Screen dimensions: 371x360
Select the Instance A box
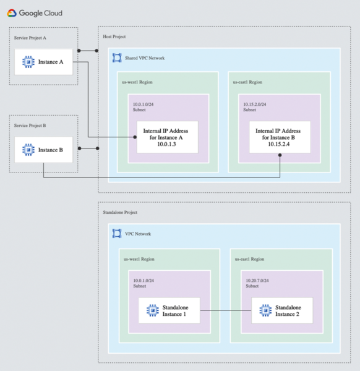(43, 62)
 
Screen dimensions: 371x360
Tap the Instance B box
(43, 149)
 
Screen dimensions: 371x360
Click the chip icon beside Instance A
(28, 62)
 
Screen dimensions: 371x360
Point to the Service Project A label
(30, 38)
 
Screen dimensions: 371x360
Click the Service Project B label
(30, 125)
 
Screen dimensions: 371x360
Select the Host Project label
(114, 37)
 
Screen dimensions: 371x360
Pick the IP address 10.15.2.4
(278, 144)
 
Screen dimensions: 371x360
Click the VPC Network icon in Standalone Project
(116, 234)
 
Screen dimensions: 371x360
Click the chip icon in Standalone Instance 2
(265, 310)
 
